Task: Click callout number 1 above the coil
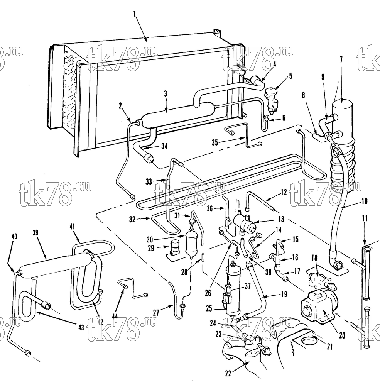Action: (x=134, y=14)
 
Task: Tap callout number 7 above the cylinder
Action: (x=341, y=61)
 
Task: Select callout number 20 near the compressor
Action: (x=342, y=335)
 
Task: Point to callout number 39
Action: (x=35, y=233)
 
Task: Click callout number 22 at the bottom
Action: (x=228, y=373)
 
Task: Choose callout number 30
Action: (x=150, y=239)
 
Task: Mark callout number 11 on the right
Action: (x=365, y=218)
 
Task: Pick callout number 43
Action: (x=81, y=327)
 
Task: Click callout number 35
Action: (x=215, y=142)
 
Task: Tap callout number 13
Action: (x=281, y=219)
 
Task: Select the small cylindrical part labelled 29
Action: (x=174, y=247)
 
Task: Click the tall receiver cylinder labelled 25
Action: (x=233, y=289)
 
